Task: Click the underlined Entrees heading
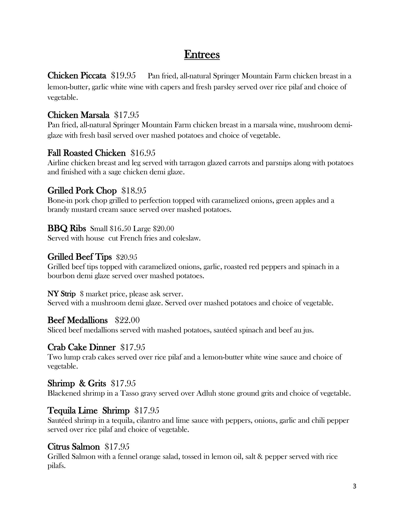(202, 55)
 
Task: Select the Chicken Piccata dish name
(77, 76)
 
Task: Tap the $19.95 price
(123, 76)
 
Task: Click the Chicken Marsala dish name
(78, 115)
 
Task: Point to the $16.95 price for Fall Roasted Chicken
(143, 153)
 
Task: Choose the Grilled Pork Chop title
(82, 191)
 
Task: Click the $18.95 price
(134, 191)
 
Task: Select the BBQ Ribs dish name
(66, 228)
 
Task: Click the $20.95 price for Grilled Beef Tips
(127, 257)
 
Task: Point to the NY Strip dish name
(61, 294)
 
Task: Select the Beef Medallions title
(77, 320)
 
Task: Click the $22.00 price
(127, 320)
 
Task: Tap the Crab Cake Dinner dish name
(81, 347)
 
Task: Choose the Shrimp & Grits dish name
(76, 383)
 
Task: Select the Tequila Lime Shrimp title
(88, 411)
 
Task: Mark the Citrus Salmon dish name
(74, 447)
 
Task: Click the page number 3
(354, 486)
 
